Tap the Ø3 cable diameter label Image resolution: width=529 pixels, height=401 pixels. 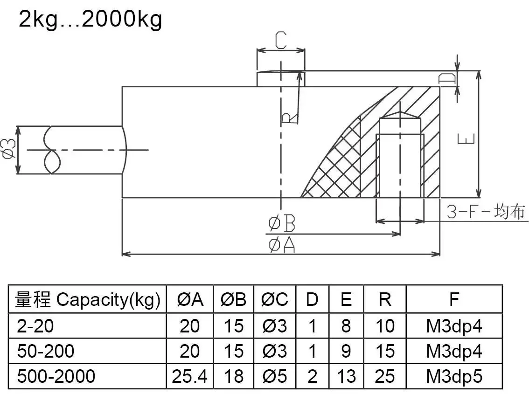(9, 150)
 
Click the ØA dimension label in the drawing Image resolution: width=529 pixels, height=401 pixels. (282, 245)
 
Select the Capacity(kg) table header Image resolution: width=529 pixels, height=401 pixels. (87, 299)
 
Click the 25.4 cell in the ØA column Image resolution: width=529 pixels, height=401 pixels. (189, 376)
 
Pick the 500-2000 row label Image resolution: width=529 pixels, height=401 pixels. (56, 376)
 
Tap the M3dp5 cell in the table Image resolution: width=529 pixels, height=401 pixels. (454, 376)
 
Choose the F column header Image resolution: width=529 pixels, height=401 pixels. (454, 299)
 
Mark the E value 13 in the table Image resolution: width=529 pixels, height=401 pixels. (346, 376)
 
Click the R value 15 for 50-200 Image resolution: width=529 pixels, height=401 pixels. (385, 351)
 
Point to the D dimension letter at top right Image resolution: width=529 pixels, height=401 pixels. (447, 79)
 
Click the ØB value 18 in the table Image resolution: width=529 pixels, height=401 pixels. (233, 376)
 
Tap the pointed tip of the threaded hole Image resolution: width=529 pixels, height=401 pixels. (400, 112)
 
